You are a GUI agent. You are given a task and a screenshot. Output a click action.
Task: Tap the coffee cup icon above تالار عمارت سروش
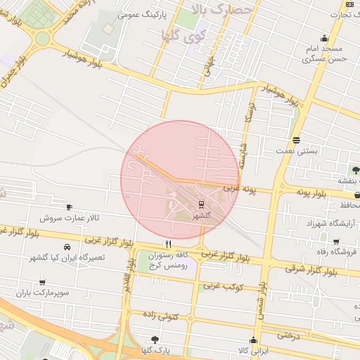click(x=69, y=207)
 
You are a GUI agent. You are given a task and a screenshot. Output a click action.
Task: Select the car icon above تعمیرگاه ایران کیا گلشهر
click(x=67, y=247)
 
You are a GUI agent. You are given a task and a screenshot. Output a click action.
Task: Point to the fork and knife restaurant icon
click(x=167, y=243)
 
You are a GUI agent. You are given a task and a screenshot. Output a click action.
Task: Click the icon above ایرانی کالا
click(x=253, y=340)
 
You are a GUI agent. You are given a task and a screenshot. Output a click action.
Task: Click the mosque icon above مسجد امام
click(x=324, y=39)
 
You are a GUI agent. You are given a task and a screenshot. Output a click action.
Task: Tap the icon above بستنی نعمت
click(x=296, y=140)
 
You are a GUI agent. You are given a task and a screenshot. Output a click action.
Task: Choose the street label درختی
click(x=288, y=335)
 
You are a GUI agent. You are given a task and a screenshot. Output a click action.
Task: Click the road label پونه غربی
click(x=242, y=188)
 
